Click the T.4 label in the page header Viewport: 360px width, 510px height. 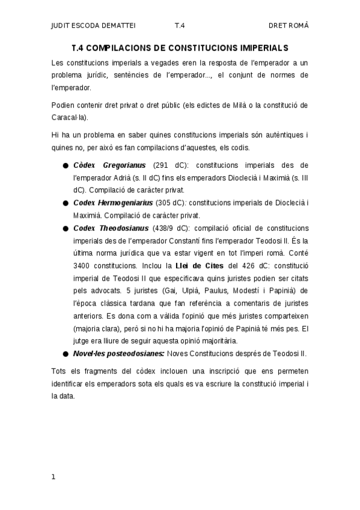click(x=180, y=25)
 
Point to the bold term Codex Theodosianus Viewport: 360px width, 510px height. click(x=111, y=228)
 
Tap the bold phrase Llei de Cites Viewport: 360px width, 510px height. click(x=200, y=265)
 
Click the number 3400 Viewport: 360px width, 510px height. click(x=83, y=265)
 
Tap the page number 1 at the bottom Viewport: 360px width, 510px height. click(x=53, y=477)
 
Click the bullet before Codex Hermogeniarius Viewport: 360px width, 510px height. click(x=65, y=203)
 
